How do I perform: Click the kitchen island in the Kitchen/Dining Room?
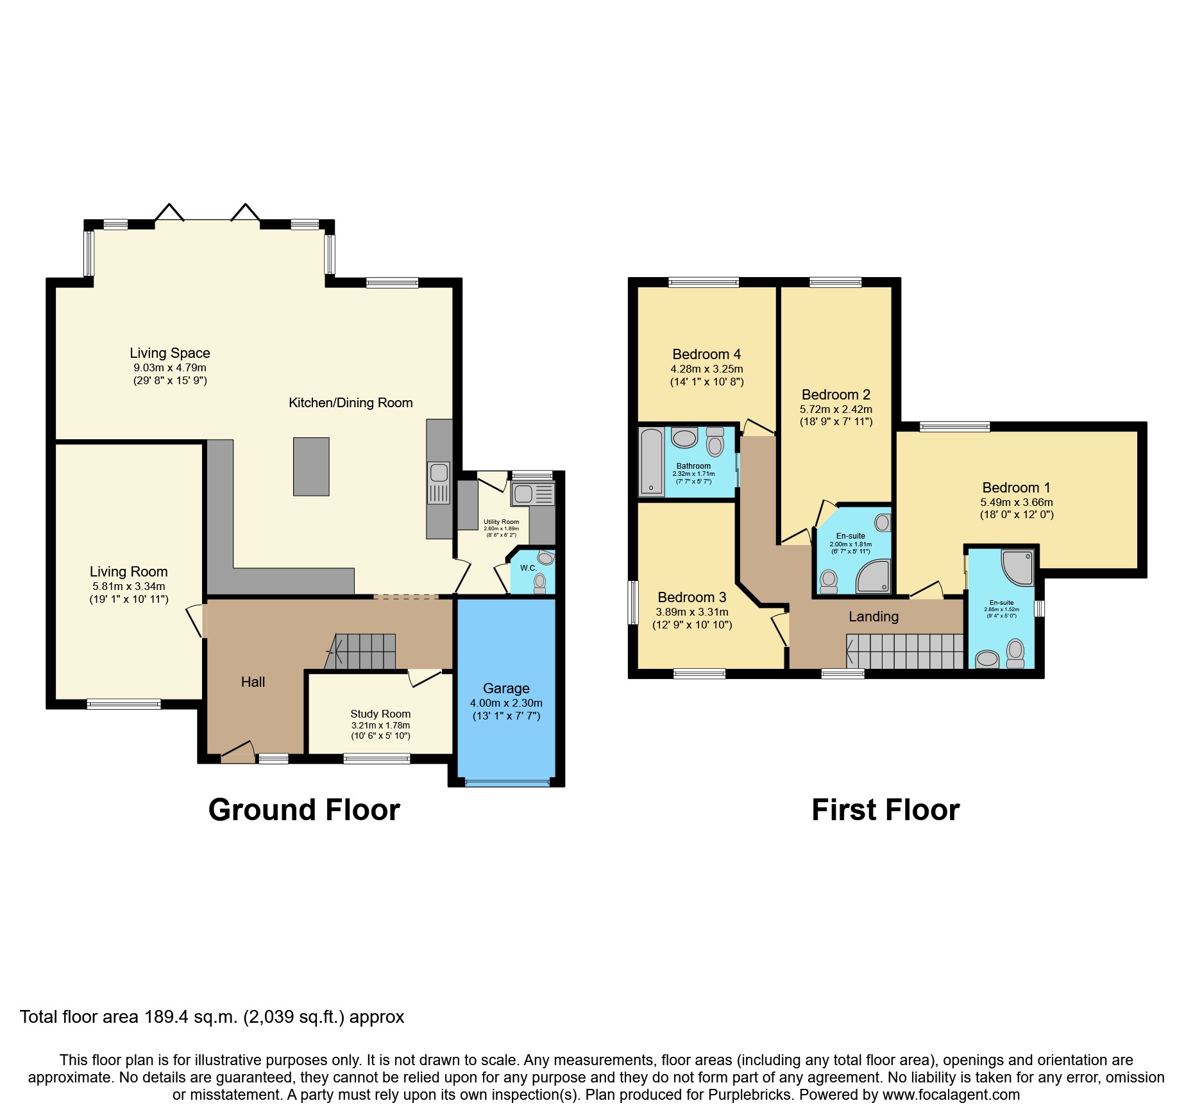tap(311, 466)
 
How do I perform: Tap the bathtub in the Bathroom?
tap(652, 462)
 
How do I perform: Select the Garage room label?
tap(506, 688)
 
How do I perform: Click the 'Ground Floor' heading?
tap(304, 810)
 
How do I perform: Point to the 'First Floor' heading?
tap(885, 810)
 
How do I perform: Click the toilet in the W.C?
tap(539, 582)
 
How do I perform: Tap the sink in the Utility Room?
tap(523, 494)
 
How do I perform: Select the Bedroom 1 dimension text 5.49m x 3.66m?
tap(1016, 502)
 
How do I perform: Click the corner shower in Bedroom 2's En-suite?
tap(875, 575)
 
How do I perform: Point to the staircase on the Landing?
tap(905, 652)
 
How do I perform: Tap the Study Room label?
tap(380, 714)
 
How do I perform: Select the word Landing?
tap(874, 616)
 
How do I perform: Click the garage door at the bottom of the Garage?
tap(507, 782)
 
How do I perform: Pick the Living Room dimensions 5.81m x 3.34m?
tap(128, 586)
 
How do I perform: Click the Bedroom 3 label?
tap(691, 597)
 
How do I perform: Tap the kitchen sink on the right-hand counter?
tap(439, 473)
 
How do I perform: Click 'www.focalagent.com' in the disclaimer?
tap(951, 1095)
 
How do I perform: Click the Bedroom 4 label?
tap(706, 354)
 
